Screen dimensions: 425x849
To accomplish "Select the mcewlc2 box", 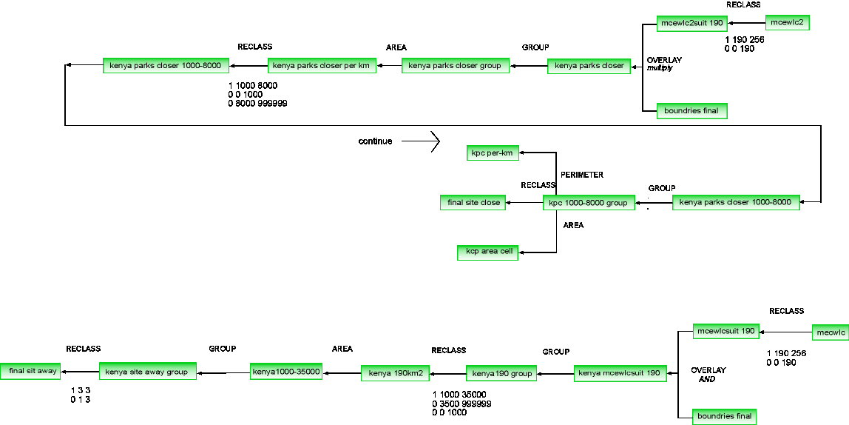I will pos(788,23).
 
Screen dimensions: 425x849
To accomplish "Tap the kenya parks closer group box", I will pos(455,66).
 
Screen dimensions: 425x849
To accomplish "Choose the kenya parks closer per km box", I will pos(322,66).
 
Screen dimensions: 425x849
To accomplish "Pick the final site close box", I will pos(474,202).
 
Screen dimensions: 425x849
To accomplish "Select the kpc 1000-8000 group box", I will pos(589,203).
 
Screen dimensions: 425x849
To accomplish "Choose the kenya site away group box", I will pos(148,372).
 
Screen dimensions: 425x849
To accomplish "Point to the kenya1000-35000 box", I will pos(286,372).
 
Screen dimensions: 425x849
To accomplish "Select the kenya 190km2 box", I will pos(396,372).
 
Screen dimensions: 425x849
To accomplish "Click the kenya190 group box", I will pos(502,373).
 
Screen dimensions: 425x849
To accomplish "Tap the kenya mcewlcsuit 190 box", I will pos(619,372).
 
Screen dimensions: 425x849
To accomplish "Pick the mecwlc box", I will pos(830,332).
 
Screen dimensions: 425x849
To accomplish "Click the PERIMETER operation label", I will pos(582,175).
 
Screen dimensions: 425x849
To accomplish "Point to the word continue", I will pos(375,141).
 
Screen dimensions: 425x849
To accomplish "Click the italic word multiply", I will pos(660,68).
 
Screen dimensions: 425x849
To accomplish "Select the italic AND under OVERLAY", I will pos(707,379).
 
